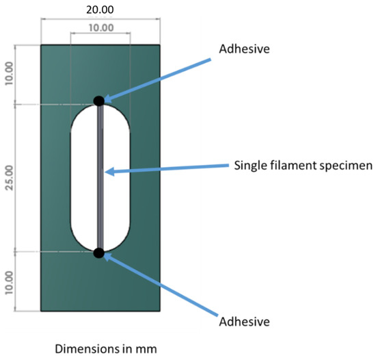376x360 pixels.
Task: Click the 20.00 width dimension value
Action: (100, 10)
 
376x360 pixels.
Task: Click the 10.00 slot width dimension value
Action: (100, 29)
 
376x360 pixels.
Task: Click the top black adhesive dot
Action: (99, 101)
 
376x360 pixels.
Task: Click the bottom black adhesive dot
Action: (99, 253)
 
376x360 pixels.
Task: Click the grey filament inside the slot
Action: (100, 178)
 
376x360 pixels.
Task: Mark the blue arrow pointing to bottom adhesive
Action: (164, 283)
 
